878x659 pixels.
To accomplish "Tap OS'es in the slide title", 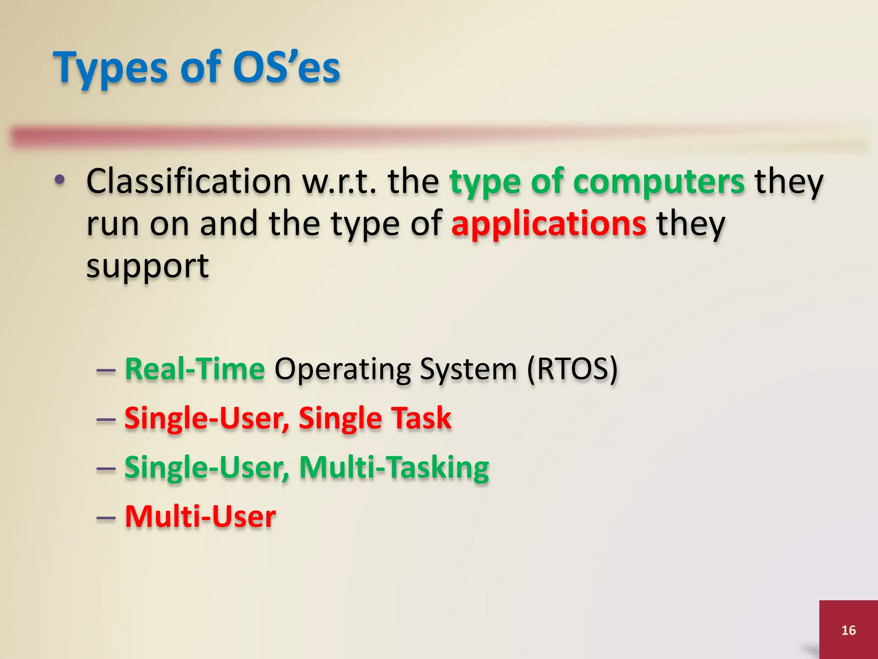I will click(286, 68).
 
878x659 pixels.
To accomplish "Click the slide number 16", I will click(848, 630).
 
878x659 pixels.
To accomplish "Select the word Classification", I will click(189, 181).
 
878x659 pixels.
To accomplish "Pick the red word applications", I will click(549, 224).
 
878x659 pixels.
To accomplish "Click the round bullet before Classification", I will click(60, 180).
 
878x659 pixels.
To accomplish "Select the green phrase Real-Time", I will click(195, 369).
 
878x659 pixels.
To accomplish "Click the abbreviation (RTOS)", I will click(572, 369).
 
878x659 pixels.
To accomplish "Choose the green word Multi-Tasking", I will click(394, 467).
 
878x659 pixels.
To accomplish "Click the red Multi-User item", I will click(200, 517).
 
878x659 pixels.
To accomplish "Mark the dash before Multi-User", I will click(106, 518).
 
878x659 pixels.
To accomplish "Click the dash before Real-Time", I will click(106, 370).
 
